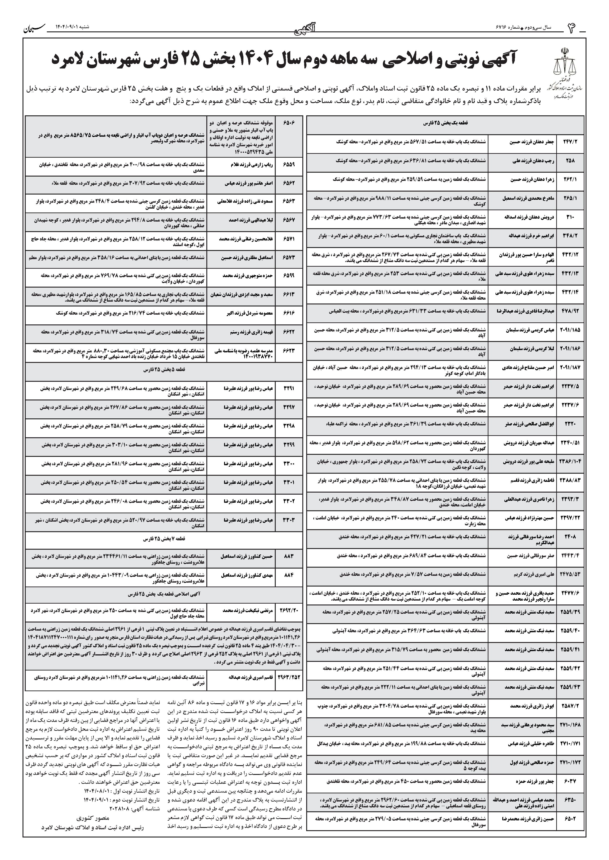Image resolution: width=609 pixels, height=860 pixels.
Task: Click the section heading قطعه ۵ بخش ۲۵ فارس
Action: [x=164, y=369]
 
